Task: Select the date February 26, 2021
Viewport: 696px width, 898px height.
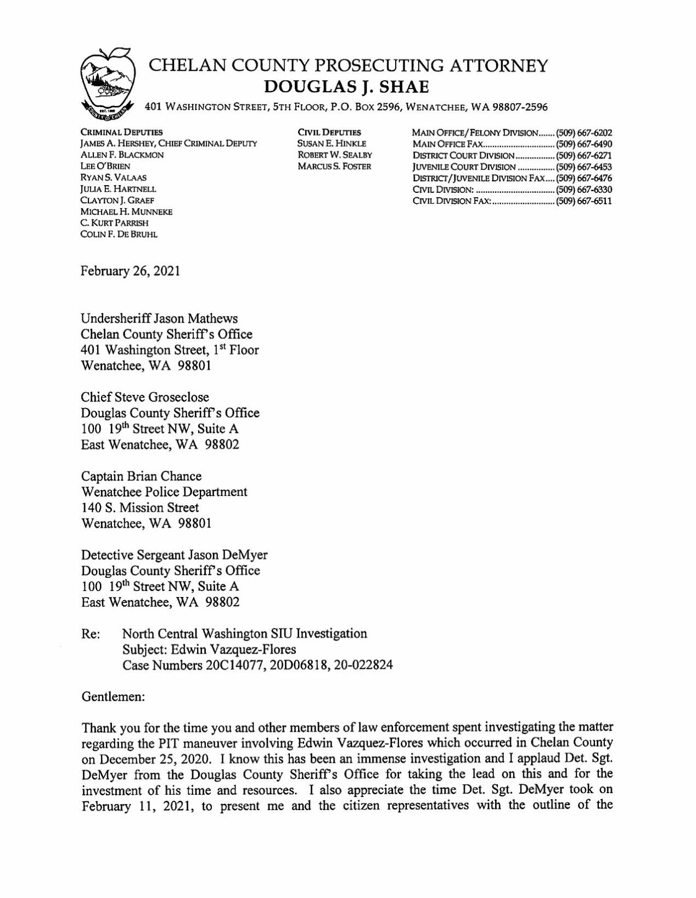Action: click(x=131, y=271)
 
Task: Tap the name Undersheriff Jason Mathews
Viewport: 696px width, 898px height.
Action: click(x=159, y=319)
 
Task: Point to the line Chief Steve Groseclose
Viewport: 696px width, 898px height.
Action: click(x=145, y=397)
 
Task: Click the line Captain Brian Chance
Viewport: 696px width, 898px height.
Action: click(x=141, y=476)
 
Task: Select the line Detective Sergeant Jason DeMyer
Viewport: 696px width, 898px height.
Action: click(x=174, y=555)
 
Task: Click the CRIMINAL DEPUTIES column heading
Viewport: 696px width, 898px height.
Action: click(x=121, y=132)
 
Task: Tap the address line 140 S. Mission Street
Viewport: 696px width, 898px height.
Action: click(x=140, y=507)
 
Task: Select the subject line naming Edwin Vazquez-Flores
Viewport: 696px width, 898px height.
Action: click(x=209, y=649)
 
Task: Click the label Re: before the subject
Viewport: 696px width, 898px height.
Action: click(x=91, y=634)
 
